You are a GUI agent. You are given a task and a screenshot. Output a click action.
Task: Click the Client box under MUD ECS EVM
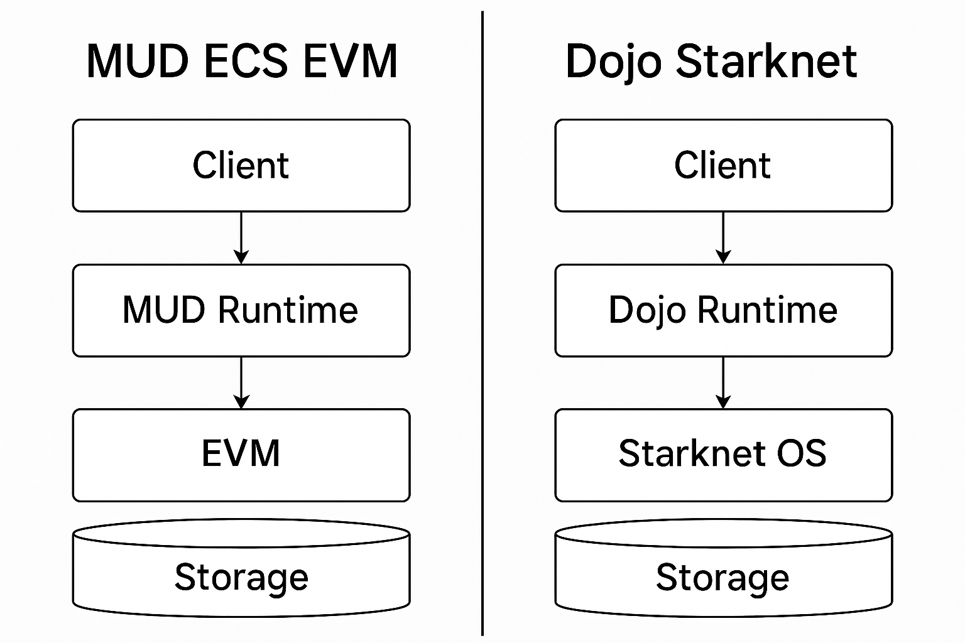[x=241, y=166]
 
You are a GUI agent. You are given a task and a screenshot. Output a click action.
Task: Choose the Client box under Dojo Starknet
[x=723, y=166]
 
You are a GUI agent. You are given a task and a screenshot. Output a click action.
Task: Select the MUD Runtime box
[x=241, y=310]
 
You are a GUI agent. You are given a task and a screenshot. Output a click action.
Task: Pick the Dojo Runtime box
[x=723, y=310]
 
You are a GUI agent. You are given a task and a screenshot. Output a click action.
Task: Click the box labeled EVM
[x=241, y=455]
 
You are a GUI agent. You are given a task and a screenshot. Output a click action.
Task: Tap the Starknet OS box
[x=723, y=455]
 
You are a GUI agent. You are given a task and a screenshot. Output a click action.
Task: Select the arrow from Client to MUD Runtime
[x=241, y=238]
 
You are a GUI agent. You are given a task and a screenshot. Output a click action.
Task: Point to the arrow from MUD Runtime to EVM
[x=241, y=382]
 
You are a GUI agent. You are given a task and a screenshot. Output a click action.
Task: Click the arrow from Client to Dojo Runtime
[x=723, y=238]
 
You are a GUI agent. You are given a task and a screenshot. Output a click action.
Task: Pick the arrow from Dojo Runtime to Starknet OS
[x=723, y=382]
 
